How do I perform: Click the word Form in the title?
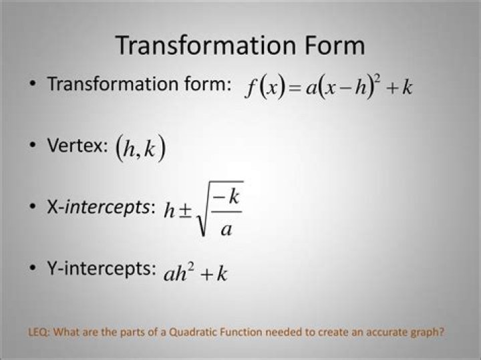pos(335,45)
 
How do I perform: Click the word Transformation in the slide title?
pos(205,45)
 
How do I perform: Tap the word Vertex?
pos(77,145)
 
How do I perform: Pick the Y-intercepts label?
pos(102,268)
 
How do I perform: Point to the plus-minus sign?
pos(185,210)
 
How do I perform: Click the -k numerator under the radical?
pos(226,196)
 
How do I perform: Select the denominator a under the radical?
pos(226,228)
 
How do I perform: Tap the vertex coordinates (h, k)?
pos(140,148)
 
